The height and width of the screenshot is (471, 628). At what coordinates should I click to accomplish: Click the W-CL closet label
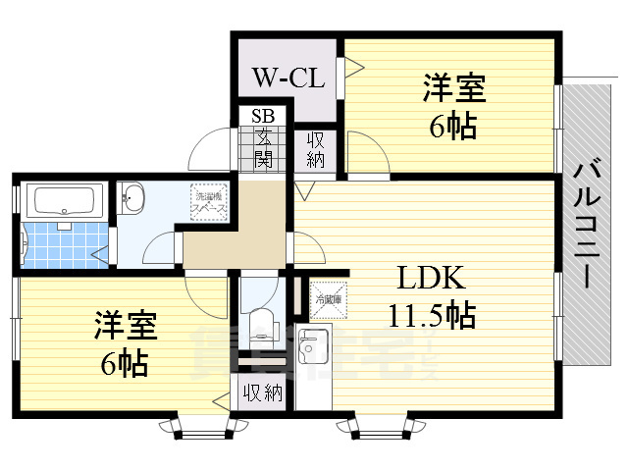(288, 78)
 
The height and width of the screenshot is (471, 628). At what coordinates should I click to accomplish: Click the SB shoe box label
(263, 116)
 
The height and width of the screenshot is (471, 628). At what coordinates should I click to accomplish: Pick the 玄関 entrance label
(263, 147)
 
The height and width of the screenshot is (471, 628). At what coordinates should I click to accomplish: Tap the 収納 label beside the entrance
(315, 151)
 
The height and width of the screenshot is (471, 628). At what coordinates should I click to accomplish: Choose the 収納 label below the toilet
(262, 393)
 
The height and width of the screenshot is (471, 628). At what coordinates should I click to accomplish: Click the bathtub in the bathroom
(64, 203)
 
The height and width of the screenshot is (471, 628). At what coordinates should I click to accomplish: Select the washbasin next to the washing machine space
(134, 203)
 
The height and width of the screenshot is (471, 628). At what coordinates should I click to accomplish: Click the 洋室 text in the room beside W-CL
(453, 89)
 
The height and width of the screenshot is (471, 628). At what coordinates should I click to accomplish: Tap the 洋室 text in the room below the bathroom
(126, 325)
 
